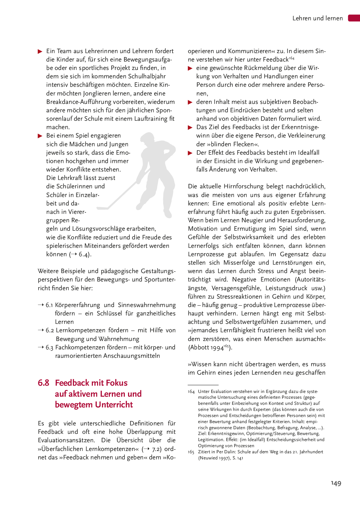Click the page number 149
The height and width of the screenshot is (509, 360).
point(336,483)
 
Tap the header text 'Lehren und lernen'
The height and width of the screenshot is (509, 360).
point(317,18)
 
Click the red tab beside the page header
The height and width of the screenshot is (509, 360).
point(354,18)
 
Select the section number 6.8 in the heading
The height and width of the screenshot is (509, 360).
point(44,383)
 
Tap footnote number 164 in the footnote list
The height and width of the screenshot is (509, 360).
point(191,391)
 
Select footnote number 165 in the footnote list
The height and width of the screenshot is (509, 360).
point(191,452)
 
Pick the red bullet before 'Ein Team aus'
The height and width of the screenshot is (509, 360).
point(40,52)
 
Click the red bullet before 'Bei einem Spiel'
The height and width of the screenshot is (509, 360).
point(40,136)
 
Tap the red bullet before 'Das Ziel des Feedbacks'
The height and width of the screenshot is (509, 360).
point(190,127)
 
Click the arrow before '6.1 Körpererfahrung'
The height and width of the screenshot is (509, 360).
point(41,305)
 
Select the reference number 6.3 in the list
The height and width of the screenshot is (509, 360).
point(49,347)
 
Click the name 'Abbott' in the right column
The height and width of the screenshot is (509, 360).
point(199,348)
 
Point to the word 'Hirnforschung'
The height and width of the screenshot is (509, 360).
point(243,186)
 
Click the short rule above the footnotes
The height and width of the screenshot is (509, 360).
point(203,385)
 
